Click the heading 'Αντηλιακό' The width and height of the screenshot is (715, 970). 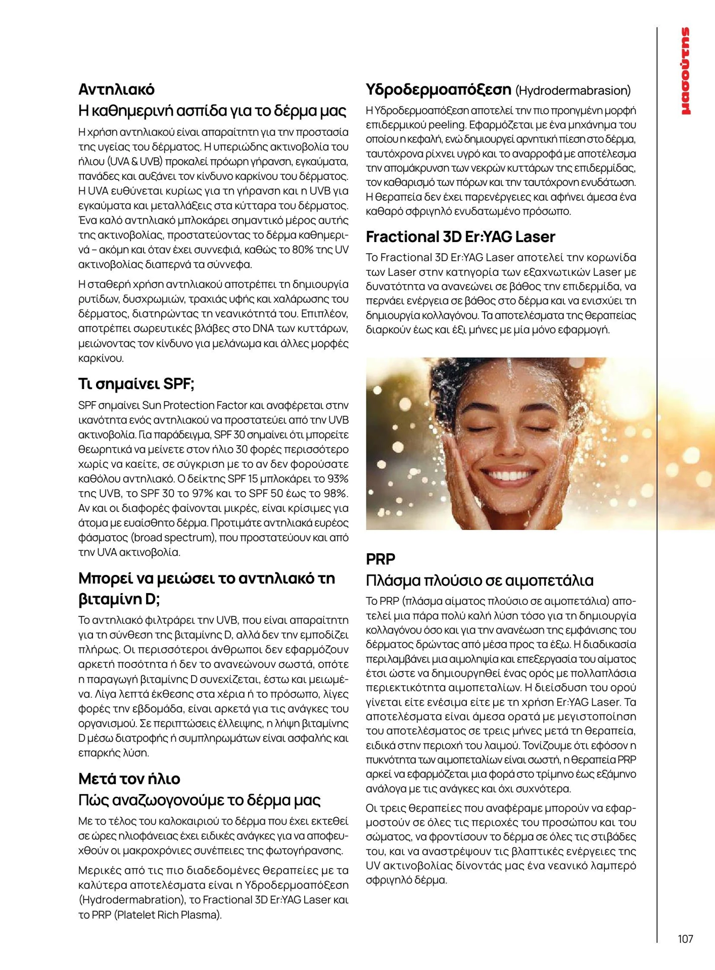click(x=116, y=89)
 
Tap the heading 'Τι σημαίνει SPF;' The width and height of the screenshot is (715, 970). click(x=136, y=384)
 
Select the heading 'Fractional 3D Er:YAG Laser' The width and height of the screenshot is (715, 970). click(x=460, y=236)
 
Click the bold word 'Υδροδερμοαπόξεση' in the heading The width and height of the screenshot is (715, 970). click(x=438, y=90)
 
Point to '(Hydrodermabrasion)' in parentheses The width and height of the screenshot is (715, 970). click(x=573, y=91)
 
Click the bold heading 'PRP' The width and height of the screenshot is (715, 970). click(x=380, y=559)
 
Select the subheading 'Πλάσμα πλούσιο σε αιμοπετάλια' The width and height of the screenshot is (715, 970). click(x=480, y=580)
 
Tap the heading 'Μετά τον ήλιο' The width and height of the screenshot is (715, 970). click(x=129, y=779)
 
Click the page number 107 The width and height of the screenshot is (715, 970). click(x=685, y=939)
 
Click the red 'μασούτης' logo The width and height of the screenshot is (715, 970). click(x=686, y=71)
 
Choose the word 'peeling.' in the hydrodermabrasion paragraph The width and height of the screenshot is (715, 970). click(x=447, y=125)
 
